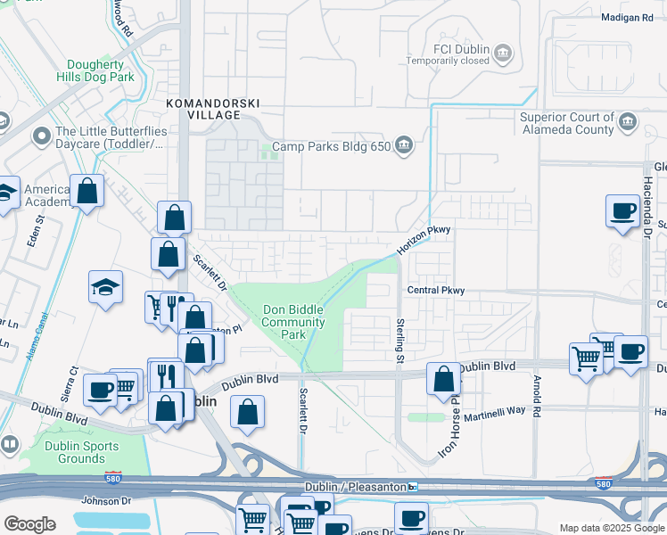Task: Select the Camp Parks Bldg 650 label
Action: pos(331,146)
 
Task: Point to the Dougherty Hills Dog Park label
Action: pos(101,71)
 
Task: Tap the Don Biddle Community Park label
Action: pos(292,322)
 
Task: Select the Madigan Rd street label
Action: pos(627,17)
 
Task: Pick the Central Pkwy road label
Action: pos(437,291)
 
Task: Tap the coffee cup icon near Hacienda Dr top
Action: pos(622,211)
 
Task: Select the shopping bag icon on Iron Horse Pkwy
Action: pos(443,378)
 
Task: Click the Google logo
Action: pos(29,524)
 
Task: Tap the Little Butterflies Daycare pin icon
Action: pos(41,136)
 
